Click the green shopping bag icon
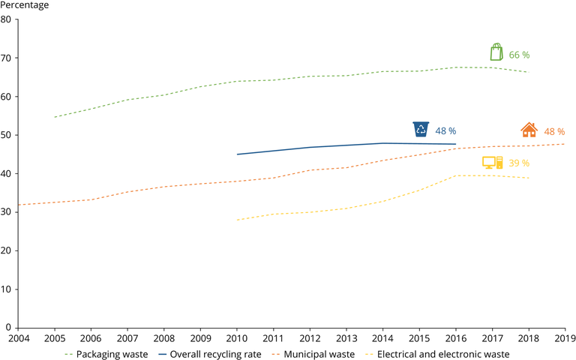[496, 52]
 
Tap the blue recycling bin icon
[421, 129]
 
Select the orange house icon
[529, 130]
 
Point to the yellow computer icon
[492, 163]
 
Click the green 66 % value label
[519, 55]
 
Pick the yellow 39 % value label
[519, 163]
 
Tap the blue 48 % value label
[445, 131]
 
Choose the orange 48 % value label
[554, 131]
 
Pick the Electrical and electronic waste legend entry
[442, 354]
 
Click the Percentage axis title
[25, 6]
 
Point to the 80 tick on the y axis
[6, 19]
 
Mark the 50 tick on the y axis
[6, 135]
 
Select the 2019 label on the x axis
[564, 337]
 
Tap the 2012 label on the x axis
[309, 337]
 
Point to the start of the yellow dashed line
[236, 220]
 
